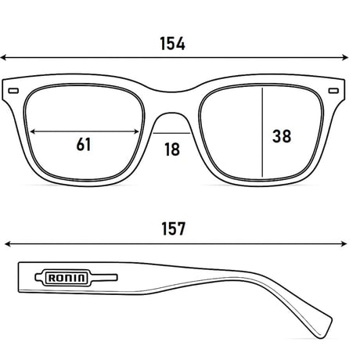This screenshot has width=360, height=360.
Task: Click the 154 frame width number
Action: pyautogui.click(x=172, y=44)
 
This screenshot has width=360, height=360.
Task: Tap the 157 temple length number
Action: pyautogui.click(x=174, y=229)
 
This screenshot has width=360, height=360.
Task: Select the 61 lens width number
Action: pyautogui.click(x=84, y=144)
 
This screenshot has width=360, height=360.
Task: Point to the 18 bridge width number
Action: pyautogui.click(x=172, y=149)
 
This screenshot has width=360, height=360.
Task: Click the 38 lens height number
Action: pyautogui.click(x=282, y=136)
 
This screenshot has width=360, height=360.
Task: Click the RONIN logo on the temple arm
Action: pyautogui.click(x=67, y=278)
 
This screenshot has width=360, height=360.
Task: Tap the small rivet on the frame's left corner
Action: pyautogui.click(x=13, y=91)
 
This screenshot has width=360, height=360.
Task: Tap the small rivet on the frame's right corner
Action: pyautogui.click(x=333, y=91)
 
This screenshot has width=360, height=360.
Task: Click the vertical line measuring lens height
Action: pyautogui.click(x=262, y=132)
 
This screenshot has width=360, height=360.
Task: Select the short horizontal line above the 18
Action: pyautogui.click(x=171, y=133)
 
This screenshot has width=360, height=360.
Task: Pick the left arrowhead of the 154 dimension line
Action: pyautogui.click(x=3, y=57)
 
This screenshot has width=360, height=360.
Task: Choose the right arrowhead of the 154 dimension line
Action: pyautogui.click(x=345, y=57)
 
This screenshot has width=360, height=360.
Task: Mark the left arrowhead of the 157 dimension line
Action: pyautogui.click(x=8, y=244)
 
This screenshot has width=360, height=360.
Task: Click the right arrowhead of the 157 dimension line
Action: pyautogui.click(x=344, y=244)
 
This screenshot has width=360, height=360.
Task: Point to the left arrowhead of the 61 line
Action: pyautogui.click(x=32, y=131)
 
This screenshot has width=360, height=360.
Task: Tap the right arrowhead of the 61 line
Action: pyautogui.click(x=136, y=131)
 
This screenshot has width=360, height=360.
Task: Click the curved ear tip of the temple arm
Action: pyautogui.click(x=323, y=329)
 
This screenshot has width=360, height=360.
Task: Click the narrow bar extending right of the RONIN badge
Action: pyautogui.click(x=104, y=278)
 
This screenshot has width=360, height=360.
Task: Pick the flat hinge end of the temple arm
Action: pyautogui.click(x=19, y=277)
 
